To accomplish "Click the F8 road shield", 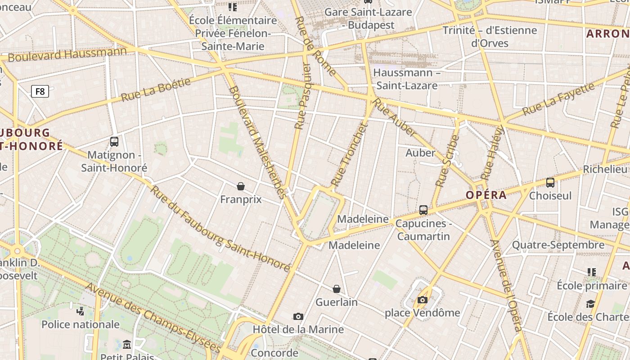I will (40, 92).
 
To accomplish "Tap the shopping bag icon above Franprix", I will (241, 186).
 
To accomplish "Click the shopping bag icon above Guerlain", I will (337, 288).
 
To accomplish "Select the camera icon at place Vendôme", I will (422, 300).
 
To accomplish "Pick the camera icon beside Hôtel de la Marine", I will (298, 317).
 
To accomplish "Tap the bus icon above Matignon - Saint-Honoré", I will (114, 142).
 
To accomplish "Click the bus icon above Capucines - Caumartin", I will (423, 210).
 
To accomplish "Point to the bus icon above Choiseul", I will (550, 182).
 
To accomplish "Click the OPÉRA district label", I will (486, 195).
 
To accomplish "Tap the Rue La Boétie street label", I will (156, 89).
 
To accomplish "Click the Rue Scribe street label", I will (447, 161).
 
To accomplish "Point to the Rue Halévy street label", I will (492, 153).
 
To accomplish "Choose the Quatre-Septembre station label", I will (558, 245).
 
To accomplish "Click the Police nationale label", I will (81, 324).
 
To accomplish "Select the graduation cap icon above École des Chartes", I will (590, 304).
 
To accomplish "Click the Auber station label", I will (420, 153).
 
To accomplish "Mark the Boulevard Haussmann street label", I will (67, 54).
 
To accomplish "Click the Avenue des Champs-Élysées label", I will (153, 318).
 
